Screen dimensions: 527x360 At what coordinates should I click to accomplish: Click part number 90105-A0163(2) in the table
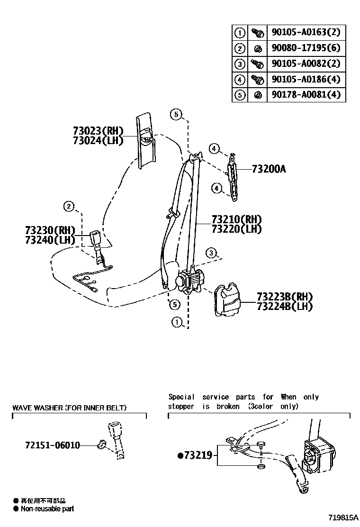(x=306, y=32)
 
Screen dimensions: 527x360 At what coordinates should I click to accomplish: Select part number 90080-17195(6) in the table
(x=306, y=48)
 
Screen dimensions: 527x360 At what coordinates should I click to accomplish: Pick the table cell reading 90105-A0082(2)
(x=306, y=64)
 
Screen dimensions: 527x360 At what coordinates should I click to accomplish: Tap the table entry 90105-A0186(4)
(x=306, y=79)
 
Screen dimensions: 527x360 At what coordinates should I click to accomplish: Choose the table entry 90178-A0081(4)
(x=306, y=95)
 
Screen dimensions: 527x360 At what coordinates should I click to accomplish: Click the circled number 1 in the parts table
(x=240, y=33)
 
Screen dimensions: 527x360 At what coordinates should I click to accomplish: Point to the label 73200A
(x=269, y=169)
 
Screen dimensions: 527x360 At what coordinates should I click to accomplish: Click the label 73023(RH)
(x=98, y=131)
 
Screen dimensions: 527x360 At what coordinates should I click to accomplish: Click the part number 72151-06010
(x=52, y=445)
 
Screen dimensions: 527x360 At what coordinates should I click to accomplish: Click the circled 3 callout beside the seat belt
(x=212, y=252)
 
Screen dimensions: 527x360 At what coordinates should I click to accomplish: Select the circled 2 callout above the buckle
(x=69, y=206)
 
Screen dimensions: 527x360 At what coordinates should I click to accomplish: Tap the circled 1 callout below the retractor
(x=177, y=323)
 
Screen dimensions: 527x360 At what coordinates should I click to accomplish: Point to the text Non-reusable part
(x=47, y=509)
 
